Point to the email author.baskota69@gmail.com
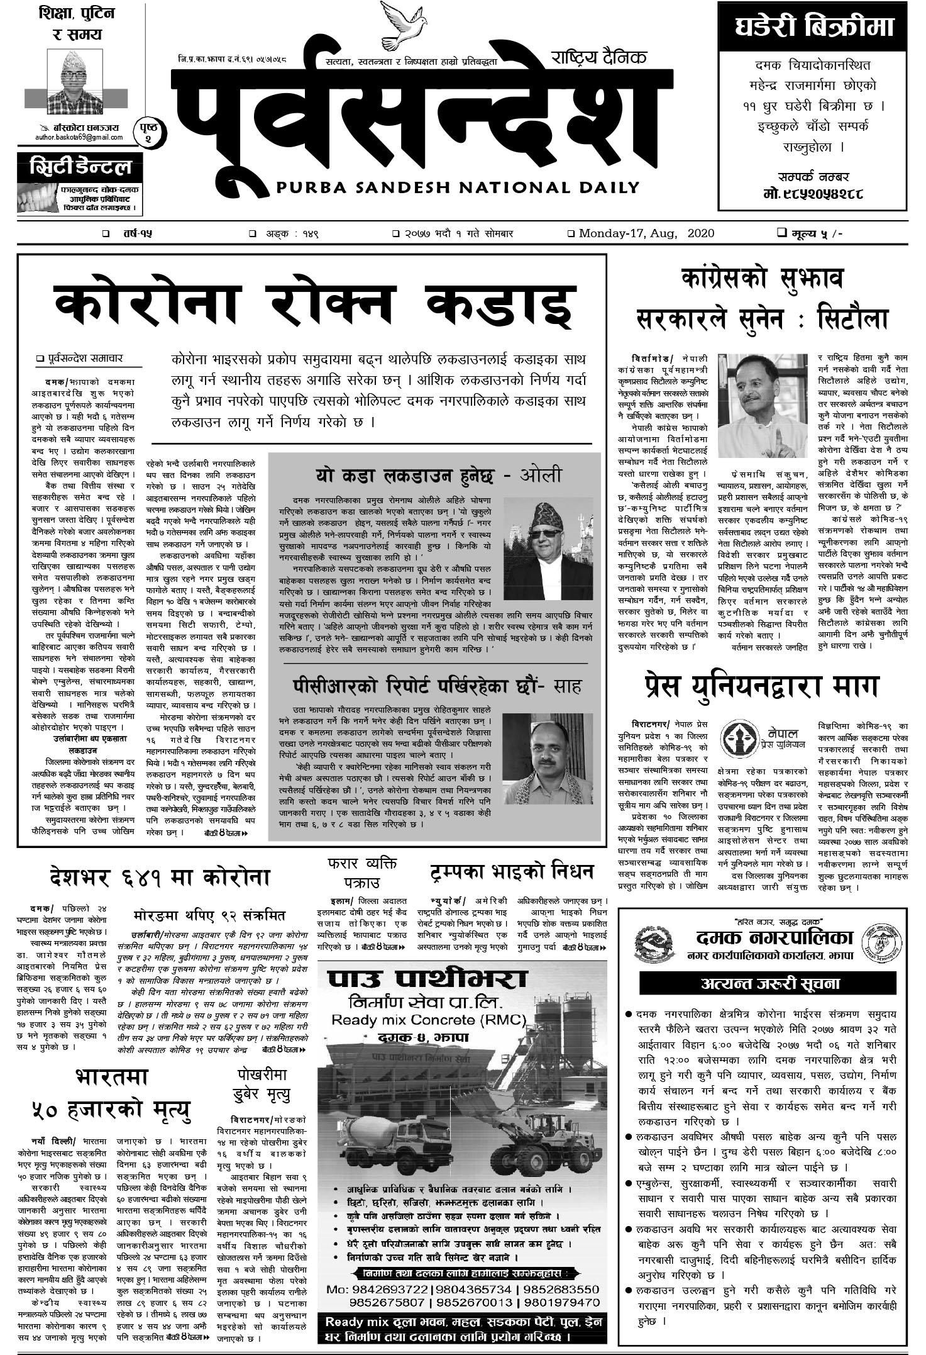pyautogui.click(x=79, y=137)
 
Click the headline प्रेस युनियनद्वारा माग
pyautogui.click(x=761, y=686)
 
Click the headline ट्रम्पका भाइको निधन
pyautogui.click(x=512, y=871)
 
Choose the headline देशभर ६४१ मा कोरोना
pyautogui.click(x=160, y=877)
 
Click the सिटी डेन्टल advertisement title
pyautogui.click(x=75, y=168)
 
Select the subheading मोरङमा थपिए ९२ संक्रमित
pyautogui.click(x=210, y=915)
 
